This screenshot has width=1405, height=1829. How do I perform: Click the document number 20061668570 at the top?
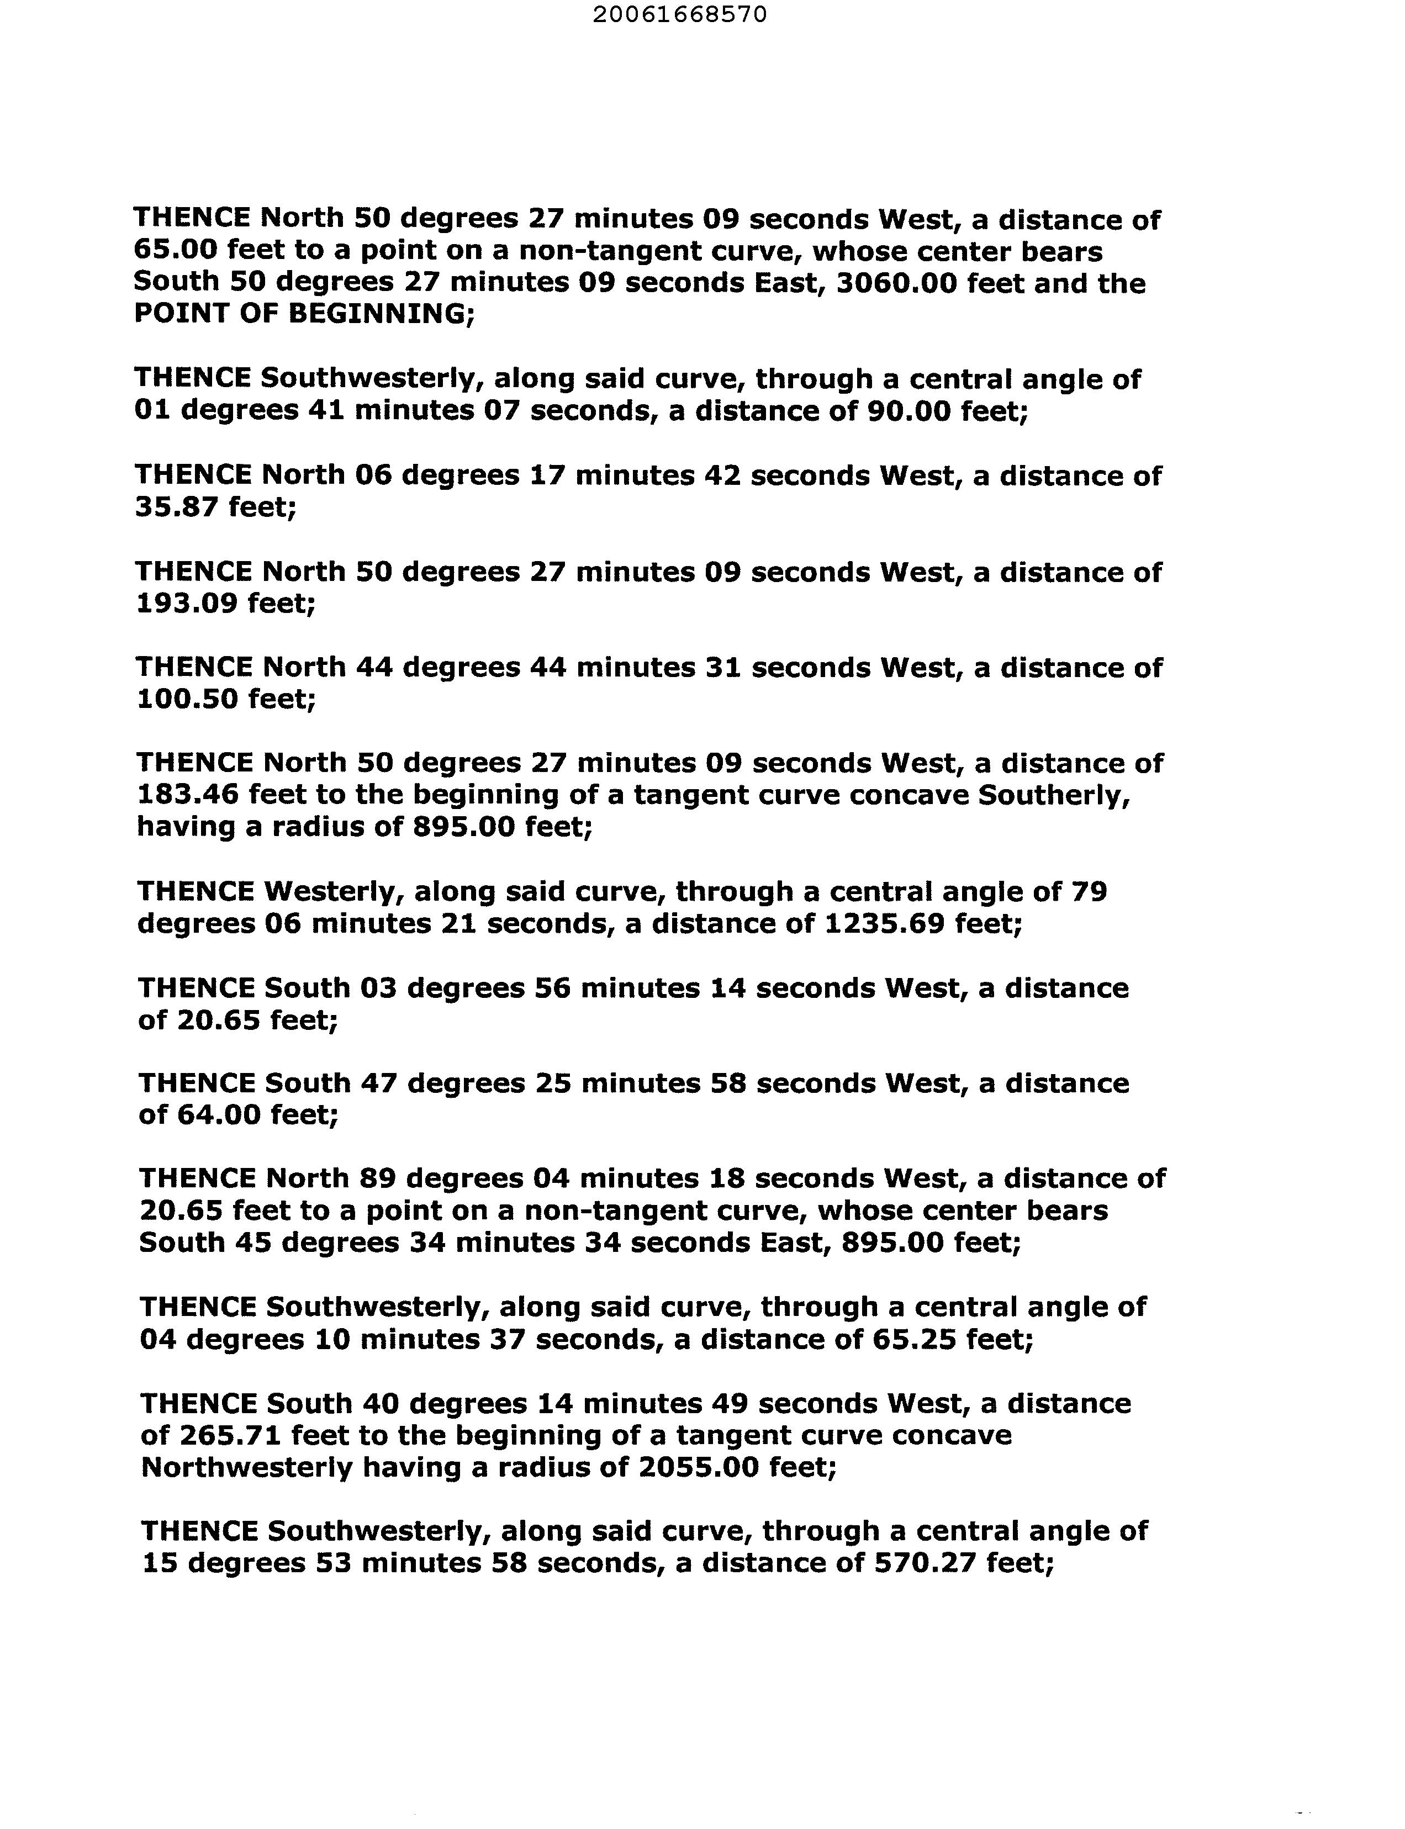[679, 15]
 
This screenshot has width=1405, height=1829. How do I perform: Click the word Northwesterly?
[247, 1468]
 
